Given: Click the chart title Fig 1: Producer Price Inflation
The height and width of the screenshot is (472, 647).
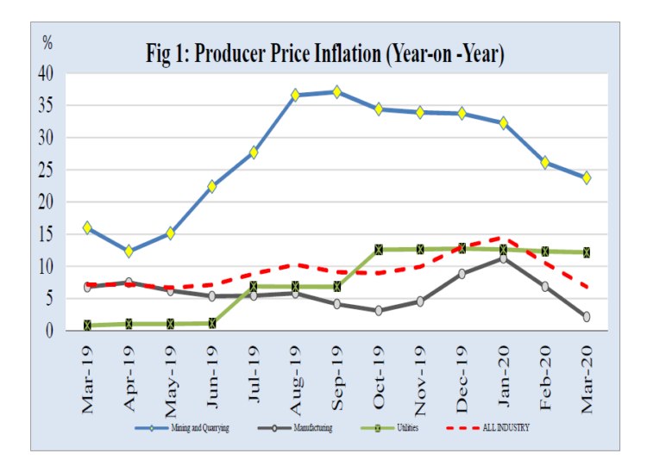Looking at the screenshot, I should [325, 53].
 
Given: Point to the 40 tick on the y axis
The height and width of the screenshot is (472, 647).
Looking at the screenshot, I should [46, 74].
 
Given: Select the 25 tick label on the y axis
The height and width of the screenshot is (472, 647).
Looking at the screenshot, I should [46, 170].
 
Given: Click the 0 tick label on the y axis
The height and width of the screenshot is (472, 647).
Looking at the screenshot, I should [50, 330].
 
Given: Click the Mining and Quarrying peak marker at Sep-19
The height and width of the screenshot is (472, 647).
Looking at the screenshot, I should [337, 92].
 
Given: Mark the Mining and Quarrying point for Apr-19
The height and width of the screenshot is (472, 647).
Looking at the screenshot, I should [129, 252].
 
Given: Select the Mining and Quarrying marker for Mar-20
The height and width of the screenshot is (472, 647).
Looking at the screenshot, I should [587, 177].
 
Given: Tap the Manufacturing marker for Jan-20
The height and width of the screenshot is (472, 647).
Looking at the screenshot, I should [504, 258].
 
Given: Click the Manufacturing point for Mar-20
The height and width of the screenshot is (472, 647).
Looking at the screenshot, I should [587, 317].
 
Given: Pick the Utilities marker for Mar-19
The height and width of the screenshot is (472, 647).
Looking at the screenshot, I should [88, 326].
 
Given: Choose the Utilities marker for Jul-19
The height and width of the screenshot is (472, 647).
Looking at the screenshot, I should [254, 286].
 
